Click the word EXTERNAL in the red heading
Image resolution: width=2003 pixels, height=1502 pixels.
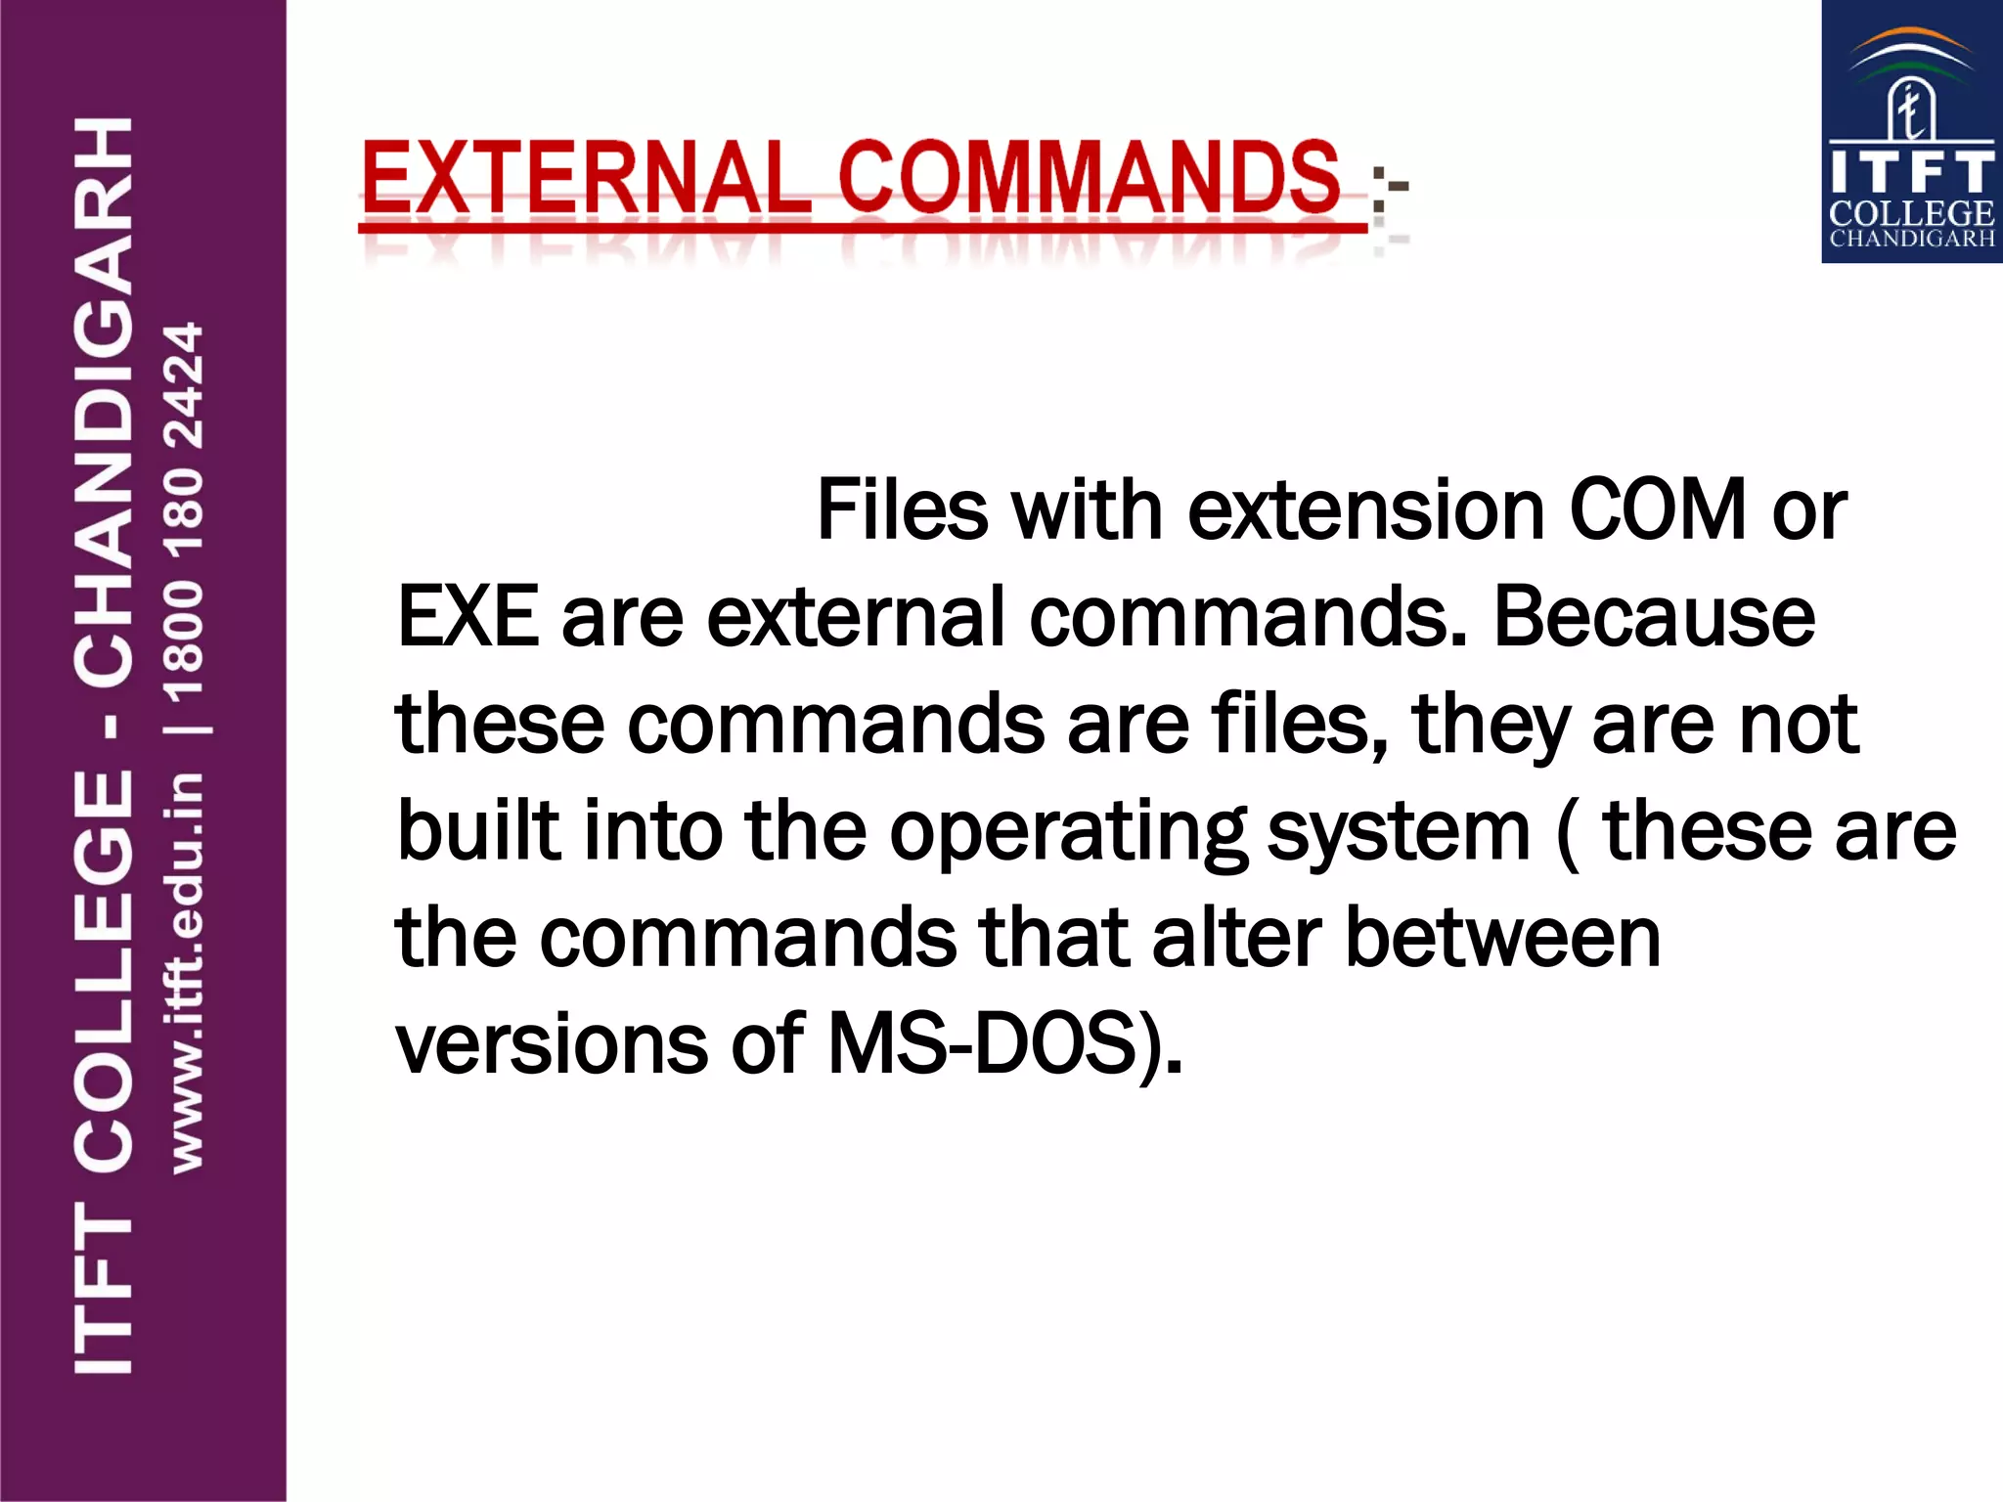[x=585, y=178]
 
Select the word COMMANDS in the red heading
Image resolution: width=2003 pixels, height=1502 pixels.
[x=1089, y=178]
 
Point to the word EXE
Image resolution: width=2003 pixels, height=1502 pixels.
[x=467, y=617]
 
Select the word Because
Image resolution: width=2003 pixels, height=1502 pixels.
[x=1654, y=617]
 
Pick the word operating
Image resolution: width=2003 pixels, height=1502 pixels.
[x=1067, y=832]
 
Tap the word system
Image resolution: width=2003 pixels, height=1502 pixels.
[x=1399, y=832]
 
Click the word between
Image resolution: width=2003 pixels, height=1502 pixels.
[x=1503, y=937]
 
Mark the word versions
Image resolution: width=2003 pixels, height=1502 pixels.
[x=552, y=1043]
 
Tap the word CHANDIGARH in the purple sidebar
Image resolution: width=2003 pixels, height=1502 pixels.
[x=104, y=401]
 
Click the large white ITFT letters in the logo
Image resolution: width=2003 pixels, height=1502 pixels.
[x=1912, y=172]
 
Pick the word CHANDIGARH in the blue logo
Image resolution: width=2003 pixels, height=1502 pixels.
[x=1912, y=239]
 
